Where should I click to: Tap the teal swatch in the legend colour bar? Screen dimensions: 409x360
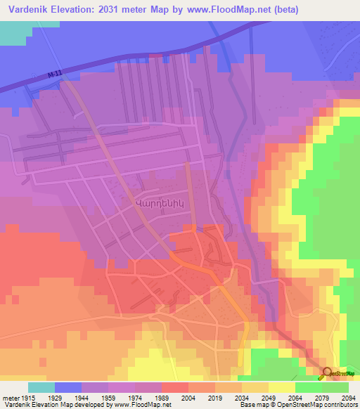[41, 387]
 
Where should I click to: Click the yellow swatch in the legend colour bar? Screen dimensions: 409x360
[282, 387]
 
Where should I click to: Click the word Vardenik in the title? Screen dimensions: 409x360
[26, 10]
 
